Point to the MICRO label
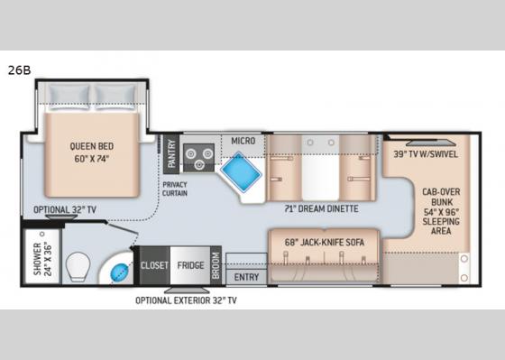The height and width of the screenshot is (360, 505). [x=242, y=142]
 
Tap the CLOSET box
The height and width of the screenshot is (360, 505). [x=152, y=265]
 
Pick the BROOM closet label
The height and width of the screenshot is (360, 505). [x=216, y=264]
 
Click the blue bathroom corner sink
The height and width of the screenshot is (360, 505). [x=118, y=271]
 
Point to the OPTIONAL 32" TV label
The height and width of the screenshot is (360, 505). [x=65, y=208]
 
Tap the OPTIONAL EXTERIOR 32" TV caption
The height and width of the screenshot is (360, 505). [x=187, y=300]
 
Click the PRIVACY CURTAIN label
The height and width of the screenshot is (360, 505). [x=174, y=189]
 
